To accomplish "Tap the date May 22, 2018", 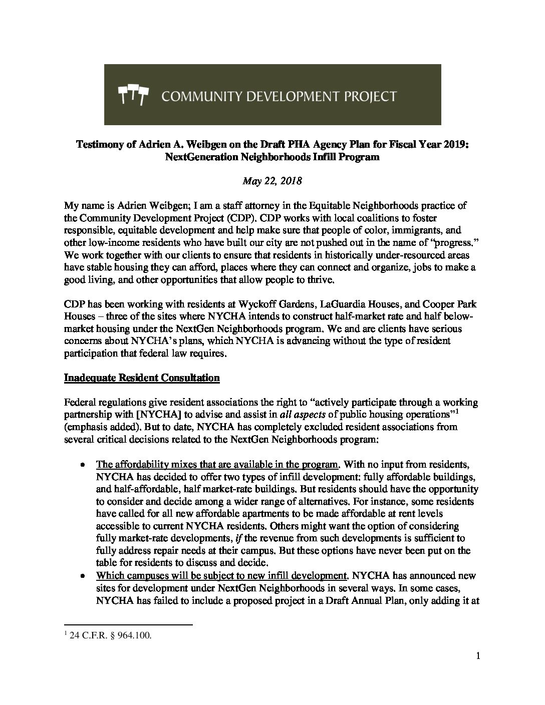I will click(x=272, y=181).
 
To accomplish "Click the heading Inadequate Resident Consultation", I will click(x=142, y=378).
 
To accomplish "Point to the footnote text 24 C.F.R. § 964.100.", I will click(x=108, y=636).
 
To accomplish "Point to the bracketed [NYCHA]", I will click(x=156, y=415).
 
